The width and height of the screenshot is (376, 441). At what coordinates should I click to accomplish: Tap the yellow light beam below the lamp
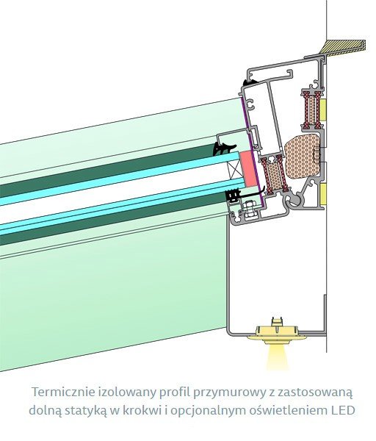275,356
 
